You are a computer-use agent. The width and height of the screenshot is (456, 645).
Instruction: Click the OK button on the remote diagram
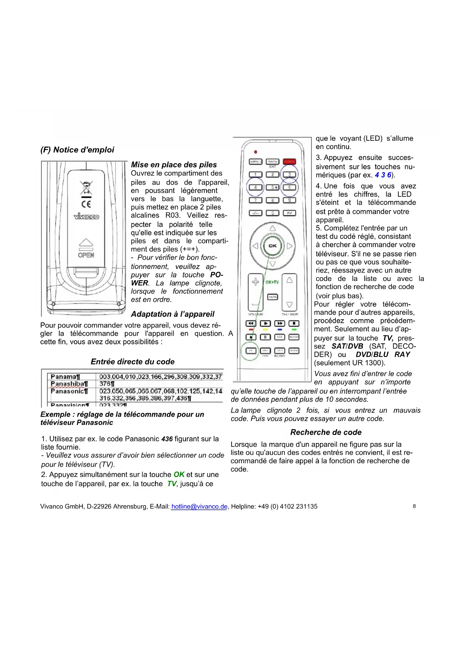coord(272,246)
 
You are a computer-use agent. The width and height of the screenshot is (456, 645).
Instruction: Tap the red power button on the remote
coord(289,161)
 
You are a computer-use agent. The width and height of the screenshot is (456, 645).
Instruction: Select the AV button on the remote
coord(289,213)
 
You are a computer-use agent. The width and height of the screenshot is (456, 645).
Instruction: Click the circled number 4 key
coord(255,187)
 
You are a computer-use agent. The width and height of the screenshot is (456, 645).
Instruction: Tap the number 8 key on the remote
coord(272,200)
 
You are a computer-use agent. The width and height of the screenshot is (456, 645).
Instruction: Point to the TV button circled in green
coord(251,351)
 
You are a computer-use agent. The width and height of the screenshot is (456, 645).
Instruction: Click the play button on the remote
coord(265,323)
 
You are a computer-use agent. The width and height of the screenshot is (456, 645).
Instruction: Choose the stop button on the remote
coord(294,323)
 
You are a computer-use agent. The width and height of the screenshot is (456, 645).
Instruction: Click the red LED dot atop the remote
coord(255,152)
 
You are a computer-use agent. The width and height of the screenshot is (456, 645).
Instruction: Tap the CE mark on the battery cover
coord(86,204)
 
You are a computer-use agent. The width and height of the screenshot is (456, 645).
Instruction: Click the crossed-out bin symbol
coord(86,188)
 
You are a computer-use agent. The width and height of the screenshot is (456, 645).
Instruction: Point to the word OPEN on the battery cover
coord(86,255)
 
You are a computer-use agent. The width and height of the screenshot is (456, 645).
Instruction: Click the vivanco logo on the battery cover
coord(86,217)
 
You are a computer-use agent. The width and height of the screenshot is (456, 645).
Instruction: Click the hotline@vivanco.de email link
coord(199,506)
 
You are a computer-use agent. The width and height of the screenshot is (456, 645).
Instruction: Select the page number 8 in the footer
coord(414,506)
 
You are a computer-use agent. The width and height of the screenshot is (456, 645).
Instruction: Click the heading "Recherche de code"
coord(326,432)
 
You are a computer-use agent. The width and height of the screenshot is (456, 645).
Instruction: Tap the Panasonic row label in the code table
coord(69,391)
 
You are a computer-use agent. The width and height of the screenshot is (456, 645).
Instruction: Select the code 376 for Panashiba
coord(107,384)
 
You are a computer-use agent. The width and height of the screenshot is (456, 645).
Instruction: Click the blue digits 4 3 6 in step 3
coord(383,175)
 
